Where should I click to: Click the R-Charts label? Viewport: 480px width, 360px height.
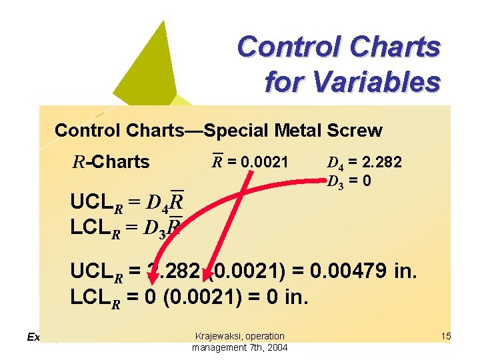point(111,162)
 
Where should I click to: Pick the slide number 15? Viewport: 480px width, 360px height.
point(446,337)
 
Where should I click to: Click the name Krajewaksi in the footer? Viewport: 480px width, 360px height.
point(219,336)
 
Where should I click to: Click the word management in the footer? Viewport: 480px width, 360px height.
point(219,347)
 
